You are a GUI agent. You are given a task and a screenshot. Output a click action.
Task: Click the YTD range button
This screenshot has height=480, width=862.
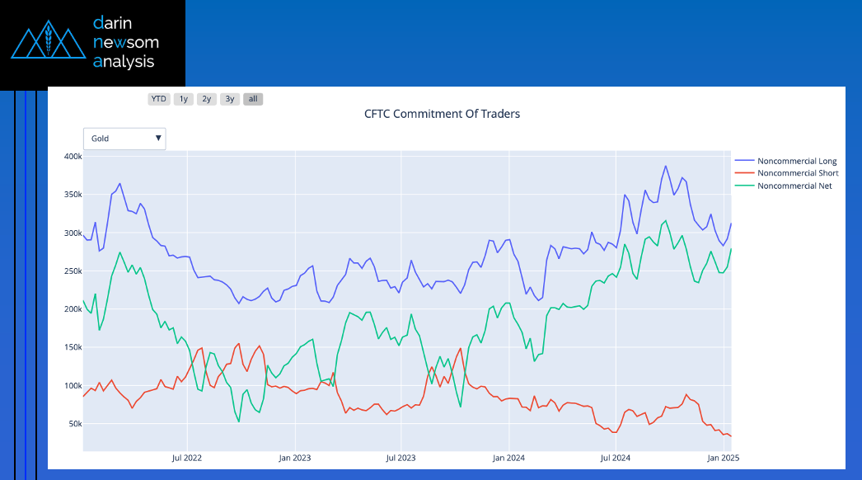click(x=159, y=99)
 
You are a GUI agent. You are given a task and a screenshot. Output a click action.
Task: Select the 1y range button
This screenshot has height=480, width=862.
click(x=184, y=99)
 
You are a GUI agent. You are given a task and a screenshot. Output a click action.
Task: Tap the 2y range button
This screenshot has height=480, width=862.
click(x=207, y=99)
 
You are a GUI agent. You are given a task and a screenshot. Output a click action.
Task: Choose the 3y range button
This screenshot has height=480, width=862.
click(x=230, y=99)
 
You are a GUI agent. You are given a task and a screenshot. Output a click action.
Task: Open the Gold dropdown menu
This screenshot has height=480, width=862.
click(x=124, y=139)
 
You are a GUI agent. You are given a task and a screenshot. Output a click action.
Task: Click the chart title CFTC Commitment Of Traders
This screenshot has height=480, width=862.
click(x=442, y=114)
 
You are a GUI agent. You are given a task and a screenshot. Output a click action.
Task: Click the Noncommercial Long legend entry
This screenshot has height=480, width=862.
click(x=796, y=161)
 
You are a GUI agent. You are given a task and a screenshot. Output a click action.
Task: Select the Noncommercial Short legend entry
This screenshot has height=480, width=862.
click(x=797, y=173)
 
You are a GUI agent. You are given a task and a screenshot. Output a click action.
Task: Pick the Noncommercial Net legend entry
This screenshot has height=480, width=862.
click(x=794, y=186)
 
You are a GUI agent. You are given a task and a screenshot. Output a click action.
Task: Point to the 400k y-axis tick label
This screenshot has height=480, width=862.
click(x=71, y=157)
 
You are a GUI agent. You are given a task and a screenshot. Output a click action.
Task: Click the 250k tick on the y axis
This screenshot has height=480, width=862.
click(x=71, y=271)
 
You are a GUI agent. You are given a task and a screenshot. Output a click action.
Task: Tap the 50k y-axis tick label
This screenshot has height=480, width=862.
click(x=73, y=424)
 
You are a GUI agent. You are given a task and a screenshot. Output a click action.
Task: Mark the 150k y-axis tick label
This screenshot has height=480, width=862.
click(x=71, y=347)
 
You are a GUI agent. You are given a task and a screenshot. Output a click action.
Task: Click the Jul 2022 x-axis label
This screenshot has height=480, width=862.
click(x=187, y=457)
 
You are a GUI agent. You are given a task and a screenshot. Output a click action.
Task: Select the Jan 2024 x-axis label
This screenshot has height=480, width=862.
click(x=508, y=457)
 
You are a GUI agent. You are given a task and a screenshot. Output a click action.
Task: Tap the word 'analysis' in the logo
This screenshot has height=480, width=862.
click(x=124, y=61)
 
